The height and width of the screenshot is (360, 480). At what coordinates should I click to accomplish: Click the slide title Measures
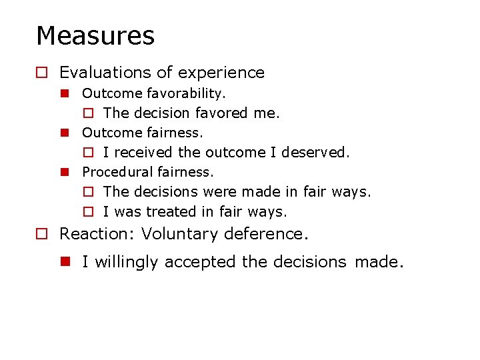(x=95, y=36)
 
